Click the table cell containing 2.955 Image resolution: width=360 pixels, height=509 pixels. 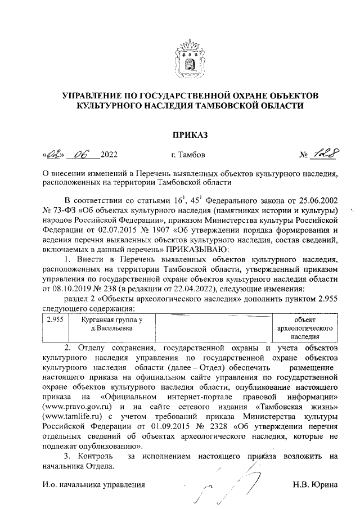tap(53, 319)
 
